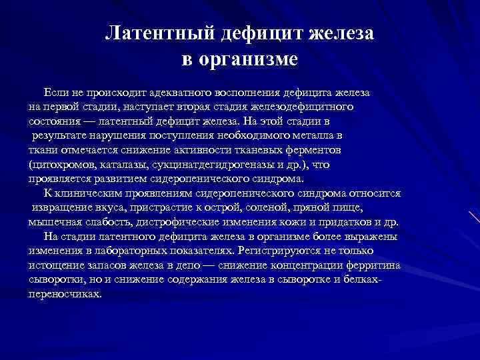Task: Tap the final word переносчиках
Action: (65, 294)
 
